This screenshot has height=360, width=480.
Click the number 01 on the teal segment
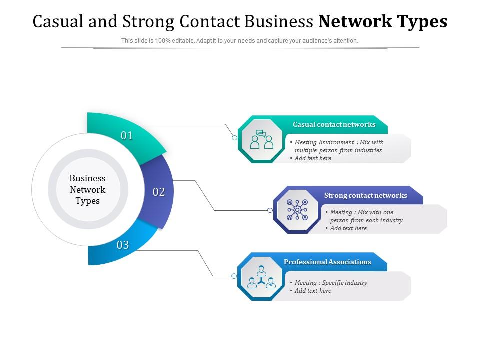point(127,136)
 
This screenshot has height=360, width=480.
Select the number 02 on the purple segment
point(159,192)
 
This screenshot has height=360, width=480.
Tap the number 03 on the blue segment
point(123,245)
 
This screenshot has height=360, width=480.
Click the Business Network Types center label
point(88,190)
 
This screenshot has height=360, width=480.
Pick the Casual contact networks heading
point(334,124)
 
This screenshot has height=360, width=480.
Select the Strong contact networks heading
point(365,195)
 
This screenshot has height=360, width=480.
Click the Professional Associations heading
point(327,262)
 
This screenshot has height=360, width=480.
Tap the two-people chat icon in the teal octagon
point(262,140)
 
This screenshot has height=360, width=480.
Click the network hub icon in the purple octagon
point(297,210)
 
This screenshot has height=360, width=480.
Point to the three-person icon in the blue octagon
point(261,278)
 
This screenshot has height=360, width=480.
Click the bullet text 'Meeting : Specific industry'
point(330,283)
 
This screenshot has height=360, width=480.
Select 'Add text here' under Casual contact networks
point(313,158)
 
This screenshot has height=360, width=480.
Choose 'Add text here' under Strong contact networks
point(348,228)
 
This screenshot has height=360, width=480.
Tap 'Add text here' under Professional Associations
point(313,291)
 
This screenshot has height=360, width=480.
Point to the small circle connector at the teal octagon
point(234,138)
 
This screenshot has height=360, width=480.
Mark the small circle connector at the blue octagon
point(234,276)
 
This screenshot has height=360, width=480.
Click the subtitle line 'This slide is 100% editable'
point(240,41)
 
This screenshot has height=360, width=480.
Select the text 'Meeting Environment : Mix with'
point(339,142)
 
